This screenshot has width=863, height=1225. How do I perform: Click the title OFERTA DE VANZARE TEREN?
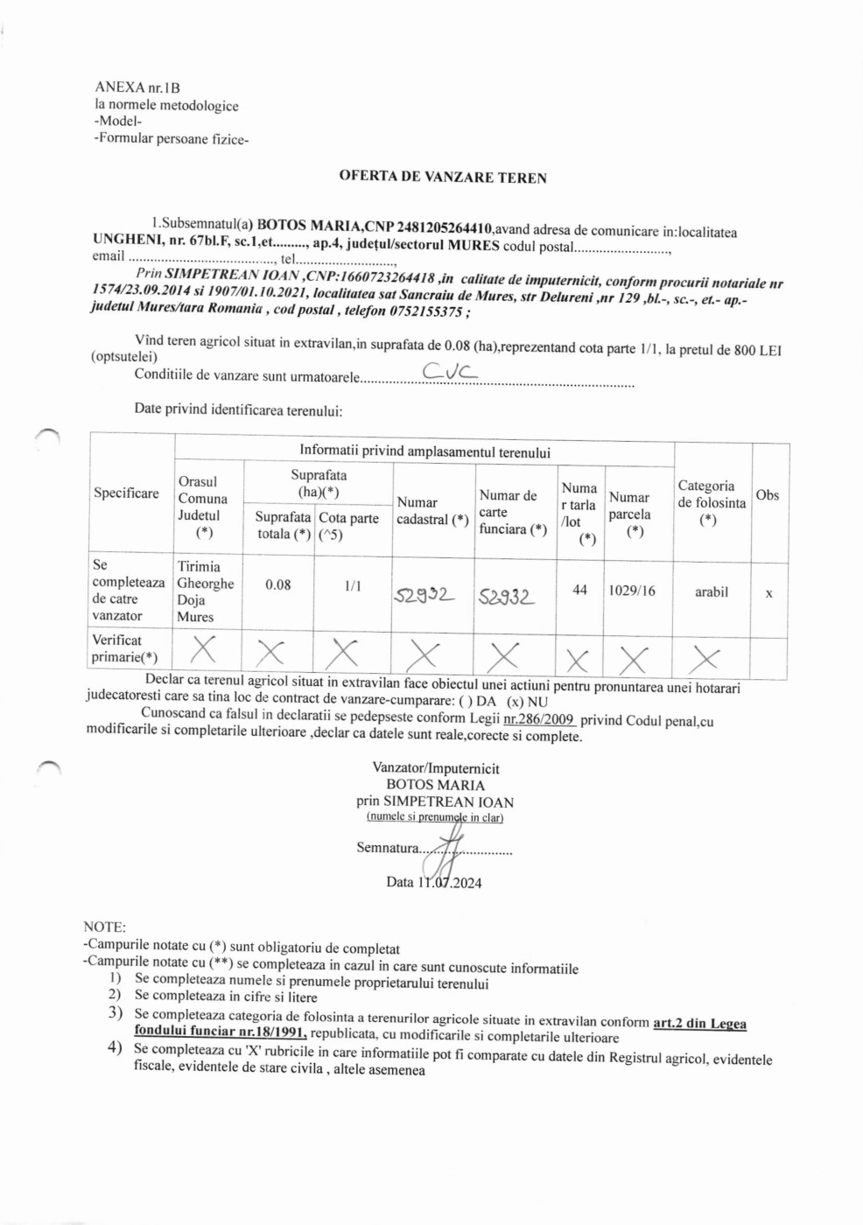click(x=443, y=177)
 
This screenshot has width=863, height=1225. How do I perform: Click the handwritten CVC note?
click(x=450, y=372)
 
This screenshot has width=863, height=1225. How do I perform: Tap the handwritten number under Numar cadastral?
click(x=424, y=595)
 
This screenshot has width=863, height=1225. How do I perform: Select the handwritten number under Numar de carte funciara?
click(x=505, y=597)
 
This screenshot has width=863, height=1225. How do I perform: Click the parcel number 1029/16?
click(x=632, y=591)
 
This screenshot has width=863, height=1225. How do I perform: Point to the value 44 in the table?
click(x=579, y=590)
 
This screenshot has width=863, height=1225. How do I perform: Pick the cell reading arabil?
click(x=711, y=591)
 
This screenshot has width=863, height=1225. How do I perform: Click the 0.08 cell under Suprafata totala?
click(x=277, y=584)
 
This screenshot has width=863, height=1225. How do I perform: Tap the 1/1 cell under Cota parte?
click(x=353, y=585)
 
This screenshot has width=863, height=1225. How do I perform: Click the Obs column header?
click(x=767, y=495)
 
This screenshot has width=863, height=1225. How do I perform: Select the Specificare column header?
click(x=126, y=493)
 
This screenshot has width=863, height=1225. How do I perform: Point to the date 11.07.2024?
click(x=448, y=882)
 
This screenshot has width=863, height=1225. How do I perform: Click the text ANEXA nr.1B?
click(x=137, y=87)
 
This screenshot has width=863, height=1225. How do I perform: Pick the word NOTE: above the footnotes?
click(x=104, y=927)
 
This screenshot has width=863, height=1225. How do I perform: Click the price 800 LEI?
click(x=757, y=350)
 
